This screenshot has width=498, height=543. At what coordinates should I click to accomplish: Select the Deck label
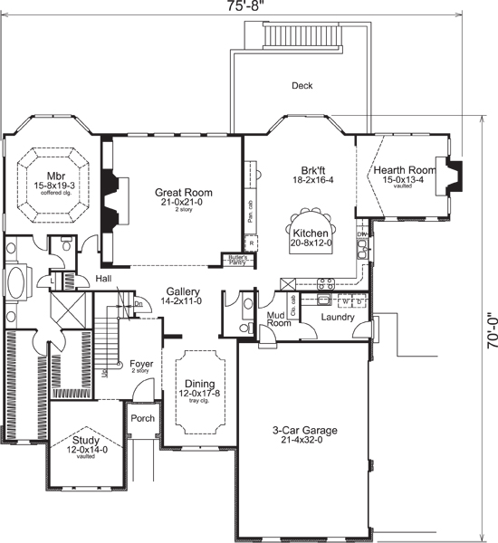(x=302, y=87)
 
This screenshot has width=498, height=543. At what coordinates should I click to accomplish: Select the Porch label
(x=143, y=419)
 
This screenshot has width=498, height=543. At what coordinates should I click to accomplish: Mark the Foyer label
(x=140, y=364)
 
